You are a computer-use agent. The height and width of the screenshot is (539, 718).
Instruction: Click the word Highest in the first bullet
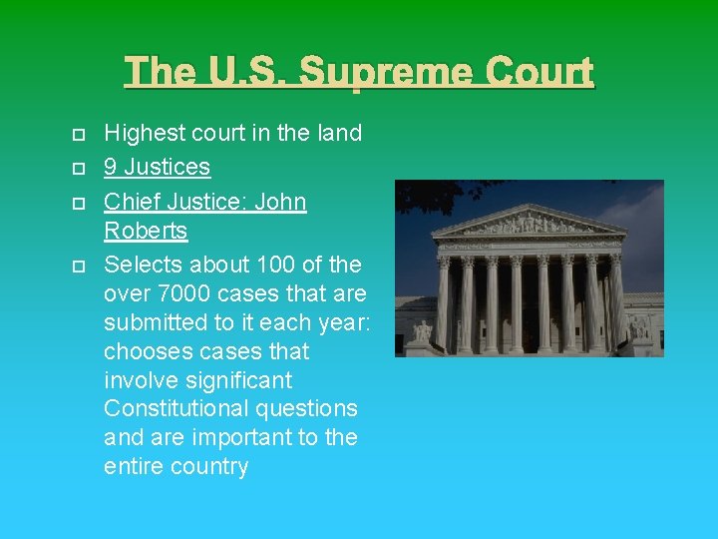point(143,133)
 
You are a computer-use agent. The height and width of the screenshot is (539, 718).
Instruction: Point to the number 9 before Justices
point(111,167)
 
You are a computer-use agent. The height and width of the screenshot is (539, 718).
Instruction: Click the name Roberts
point(146,231)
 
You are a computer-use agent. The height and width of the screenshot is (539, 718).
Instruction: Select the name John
point(280,202)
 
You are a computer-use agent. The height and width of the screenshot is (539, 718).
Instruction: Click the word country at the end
point(209,466)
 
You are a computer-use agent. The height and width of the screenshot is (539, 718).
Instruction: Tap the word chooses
point(148,351)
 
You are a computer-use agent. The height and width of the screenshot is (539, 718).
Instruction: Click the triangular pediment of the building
point(531,222)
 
